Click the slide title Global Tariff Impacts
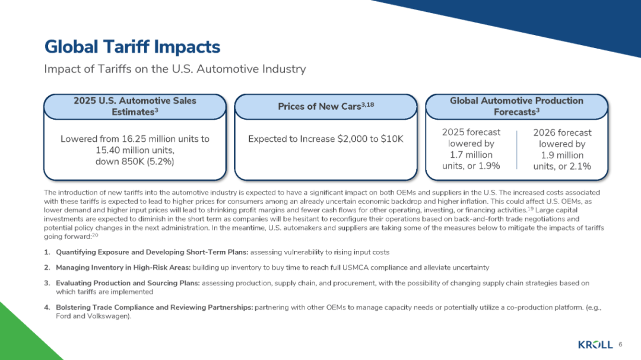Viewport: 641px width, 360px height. tap(132, 47)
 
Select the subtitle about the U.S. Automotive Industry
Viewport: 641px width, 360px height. tap(175, 69)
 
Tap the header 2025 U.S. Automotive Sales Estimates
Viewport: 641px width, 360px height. tap(135, 106)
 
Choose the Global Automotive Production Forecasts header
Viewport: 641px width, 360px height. tap(516, 106)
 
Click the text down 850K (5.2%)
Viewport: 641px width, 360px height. tap(135, 162)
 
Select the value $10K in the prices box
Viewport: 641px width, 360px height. tap(392, 139)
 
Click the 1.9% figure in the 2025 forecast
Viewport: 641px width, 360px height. tap(488, 165)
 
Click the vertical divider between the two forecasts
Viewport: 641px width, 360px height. tap(518, 150)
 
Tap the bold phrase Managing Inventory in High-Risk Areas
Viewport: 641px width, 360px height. tap(126, 267)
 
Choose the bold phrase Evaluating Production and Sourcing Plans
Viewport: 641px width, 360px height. tap(127, 283)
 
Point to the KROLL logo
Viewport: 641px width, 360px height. tap(595, 345)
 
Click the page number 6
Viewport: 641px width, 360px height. tap(620, 344)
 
